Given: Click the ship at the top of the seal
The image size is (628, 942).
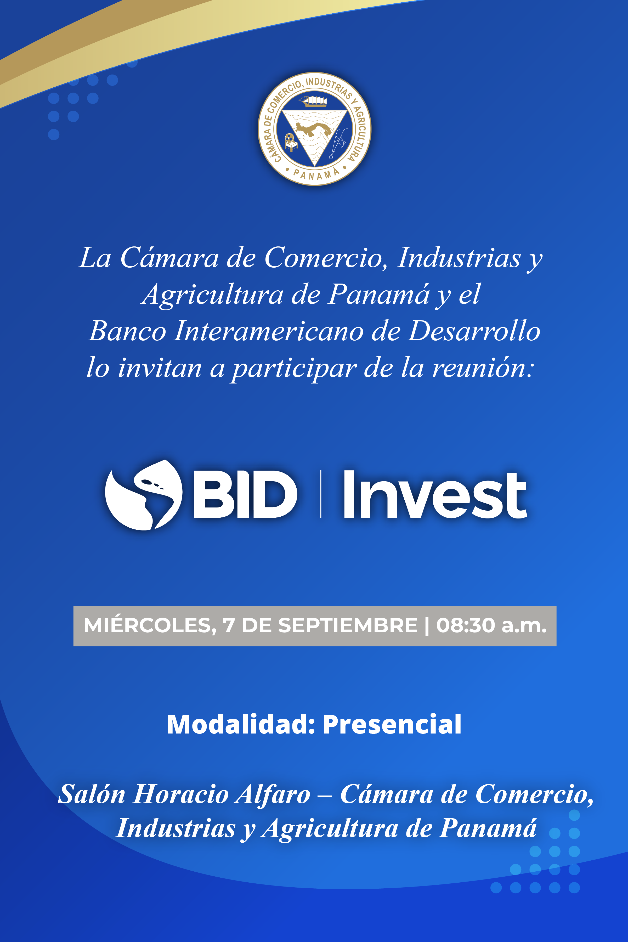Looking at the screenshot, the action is coord(314,101).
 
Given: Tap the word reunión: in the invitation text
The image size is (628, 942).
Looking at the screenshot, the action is coord(483,368).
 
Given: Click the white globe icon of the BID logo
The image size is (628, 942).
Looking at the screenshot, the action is coord(143,495).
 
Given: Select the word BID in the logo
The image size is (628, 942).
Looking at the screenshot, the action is coord(245,494).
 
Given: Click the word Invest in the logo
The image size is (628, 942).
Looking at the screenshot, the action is coord(435,494).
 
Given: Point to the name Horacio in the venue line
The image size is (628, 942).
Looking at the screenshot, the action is coord(181,794).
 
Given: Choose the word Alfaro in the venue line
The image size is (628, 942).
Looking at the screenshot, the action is coord(273,794).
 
